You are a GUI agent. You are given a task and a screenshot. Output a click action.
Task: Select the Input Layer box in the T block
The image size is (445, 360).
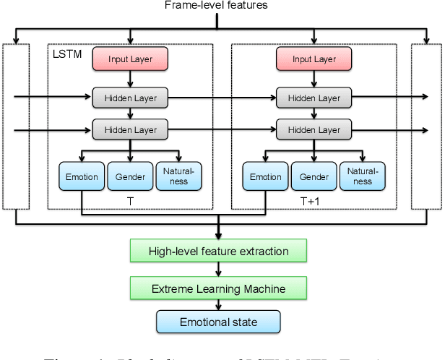click(x=130, y=59)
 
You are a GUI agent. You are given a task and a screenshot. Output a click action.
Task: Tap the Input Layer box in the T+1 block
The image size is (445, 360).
click(x=314, y=59)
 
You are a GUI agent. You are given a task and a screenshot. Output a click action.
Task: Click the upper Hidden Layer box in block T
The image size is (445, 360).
click(x=130, y=96)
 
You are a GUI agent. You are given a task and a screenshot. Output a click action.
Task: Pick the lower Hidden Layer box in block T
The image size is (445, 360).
click(x=130, y=130)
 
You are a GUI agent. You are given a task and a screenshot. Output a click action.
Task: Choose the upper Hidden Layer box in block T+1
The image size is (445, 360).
click(x=314, y=96)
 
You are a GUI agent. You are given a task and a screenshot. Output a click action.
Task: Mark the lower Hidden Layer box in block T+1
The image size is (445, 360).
click(x=314, y=130)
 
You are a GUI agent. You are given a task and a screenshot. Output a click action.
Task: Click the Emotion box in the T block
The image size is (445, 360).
click(x=81, y=177)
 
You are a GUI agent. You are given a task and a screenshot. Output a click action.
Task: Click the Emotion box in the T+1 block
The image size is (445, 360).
click(x=265, y=177)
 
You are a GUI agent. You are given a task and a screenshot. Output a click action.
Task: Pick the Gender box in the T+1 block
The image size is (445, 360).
click(x=314, y=177)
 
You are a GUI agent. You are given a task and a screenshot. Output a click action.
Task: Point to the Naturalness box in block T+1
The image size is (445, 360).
click(x=362, y=177)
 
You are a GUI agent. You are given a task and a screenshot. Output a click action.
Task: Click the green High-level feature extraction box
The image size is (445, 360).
click(x=218, y=252)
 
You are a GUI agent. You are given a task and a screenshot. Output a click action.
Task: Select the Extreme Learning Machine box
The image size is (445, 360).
click(x=218, y=289)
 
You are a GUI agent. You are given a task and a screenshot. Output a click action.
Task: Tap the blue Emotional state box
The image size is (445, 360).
click(x=218, y=322)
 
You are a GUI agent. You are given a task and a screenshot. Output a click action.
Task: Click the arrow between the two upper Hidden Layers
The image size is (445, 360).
click(x=222, y=96)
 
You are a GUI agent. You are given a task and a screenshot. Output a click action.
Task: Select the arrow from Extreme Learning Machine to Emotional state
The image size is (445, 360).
click(x=218, y=305)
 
